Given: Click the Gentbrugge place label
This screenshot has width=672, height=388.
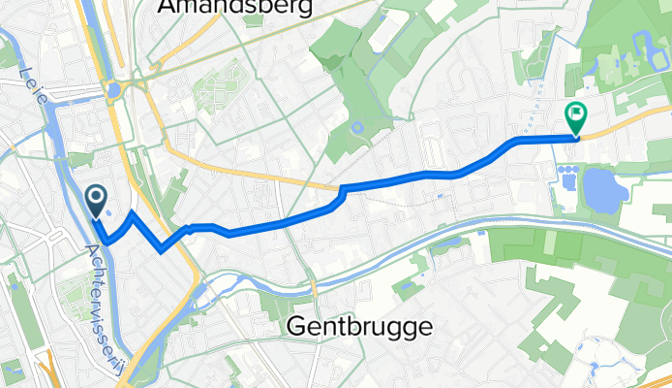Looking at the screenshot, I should pos(359,328).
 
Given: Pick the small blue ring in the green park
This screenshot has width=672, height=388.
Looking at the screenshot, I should pos(357,127).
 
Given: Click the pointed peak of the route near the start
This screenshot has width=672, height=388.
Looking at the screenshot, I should pos(132,211).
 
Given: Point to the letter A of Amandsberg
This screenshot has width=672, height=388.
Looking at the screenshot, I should pos(166,8).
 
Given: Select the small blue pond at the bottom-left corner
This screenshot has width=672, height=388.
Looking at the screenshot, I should pos(14,370).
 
